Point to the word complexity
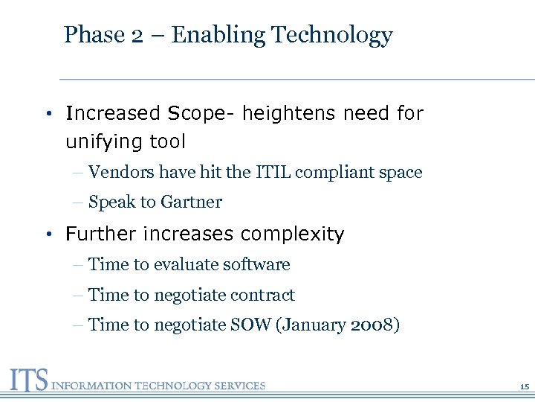293,235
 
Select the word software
259,265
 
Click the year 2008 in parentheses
372,325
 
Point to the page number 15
524,387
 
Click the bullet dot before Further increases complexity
47,235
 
